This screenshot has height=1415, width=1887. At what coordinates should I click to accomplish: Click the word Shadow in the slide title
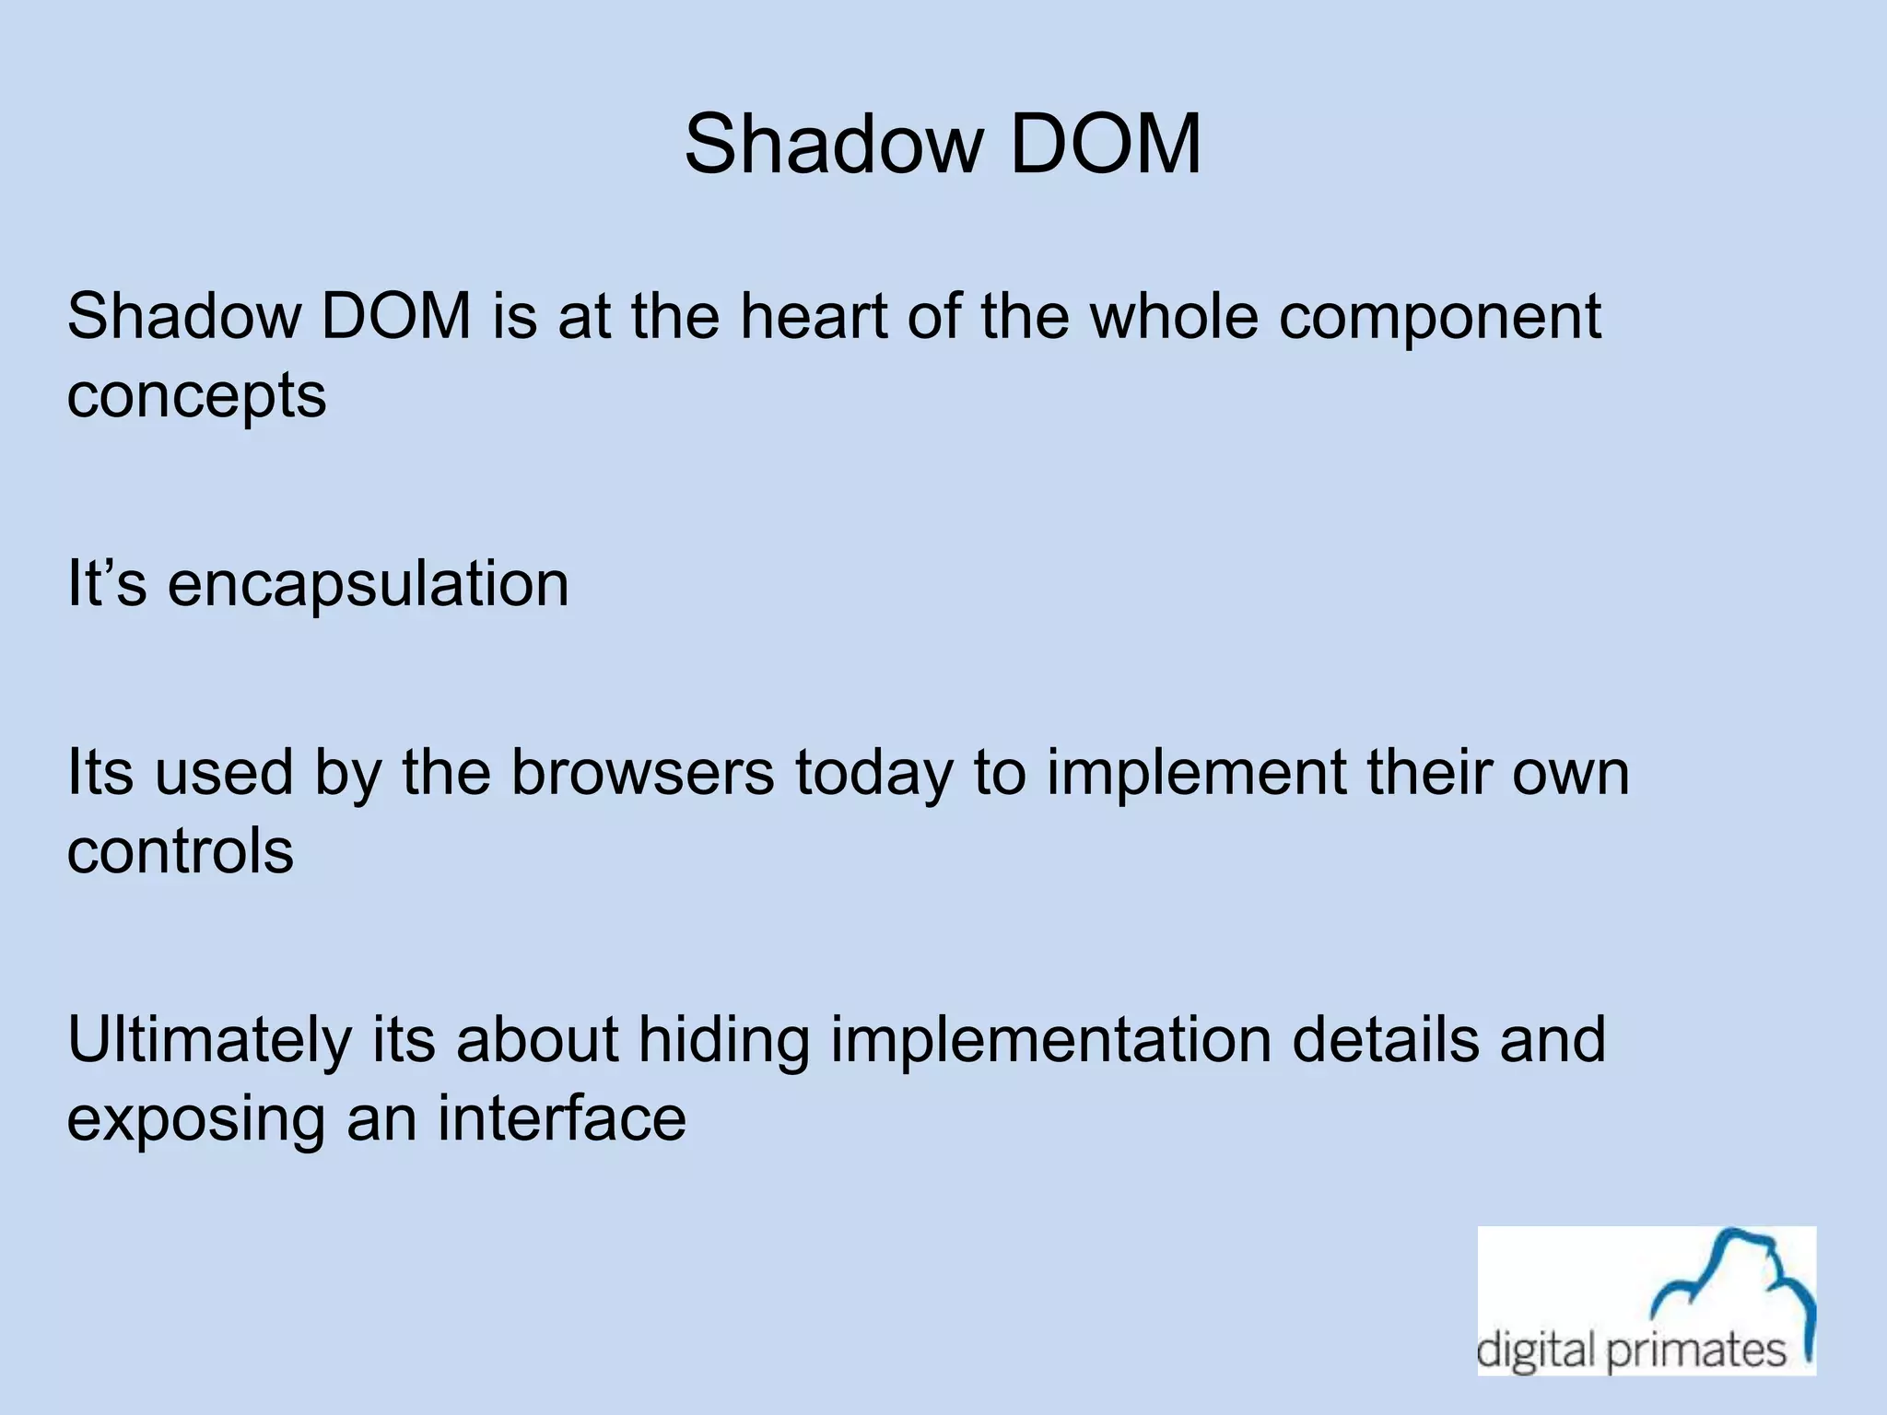(834, 144)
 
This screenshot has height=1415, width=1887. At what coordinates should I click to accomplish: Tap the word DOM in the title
(1105, 144)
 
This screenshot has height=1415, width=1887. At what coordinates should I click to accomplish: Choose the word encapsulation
(368, 585)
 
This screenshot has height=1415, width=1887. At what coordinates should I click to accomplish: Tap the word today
(873, 774)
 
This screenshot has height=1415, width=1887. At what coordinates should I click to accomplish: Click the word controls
(181, 851)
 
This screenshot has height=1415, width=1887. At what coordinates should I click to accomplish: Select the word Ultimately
(209, 1040)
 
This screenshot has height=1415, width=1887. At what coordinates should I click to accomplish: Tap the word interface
(561, 1118)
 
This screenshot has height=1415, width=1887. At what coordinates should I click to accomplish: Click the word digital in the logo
(1536, 1351)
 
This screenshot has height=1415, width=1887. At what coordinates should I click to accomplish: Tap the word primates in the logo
(1696, 1351)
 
